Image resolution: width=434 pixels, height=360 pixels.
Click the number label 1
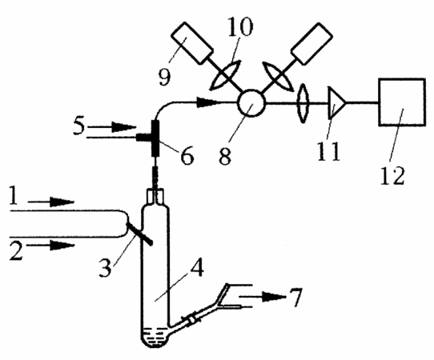pos(14,195)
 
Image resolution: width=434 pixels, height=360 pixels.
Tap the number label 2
pos(16,250)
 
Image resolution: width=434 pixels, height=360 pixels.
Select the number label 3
pos(105,267)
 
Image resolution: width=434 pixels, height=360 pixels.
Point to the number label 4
pos(196,267)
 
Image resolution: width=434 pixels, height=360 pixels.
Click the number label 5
pos(79,126)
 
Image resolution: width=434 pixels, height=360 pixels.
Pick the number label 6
pos(187,156)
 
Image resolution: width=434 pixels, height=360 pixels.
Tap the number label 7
pos(295,298)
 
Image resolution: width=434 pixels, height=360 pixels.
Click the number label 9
pos(164,77)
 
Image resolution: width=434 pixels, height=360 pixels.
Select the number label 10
pos(240,26)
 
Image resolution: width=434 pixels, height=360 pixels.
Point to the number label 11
pos(328,151)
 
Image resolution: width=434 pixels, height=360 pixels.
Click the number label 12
pos(392,175)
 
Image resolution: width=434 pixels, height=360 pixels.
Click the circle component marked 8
pos(251,103)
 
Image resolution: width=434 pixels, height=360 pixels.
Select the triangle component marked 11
pos(336,103)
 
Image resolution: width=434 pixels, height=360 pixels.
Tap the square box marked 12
pos(402,102)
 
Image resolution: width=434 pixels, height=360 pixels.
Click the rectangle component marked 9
pos(192,43)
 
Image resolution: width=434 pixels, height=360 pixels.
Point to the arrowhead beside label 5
pos(124,127)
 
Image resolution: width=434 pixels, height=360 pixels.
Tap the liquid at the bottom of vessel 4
pos(155,336)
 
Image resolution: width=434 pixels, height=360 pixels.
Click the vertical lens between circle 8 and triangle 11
pos(303,103)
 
